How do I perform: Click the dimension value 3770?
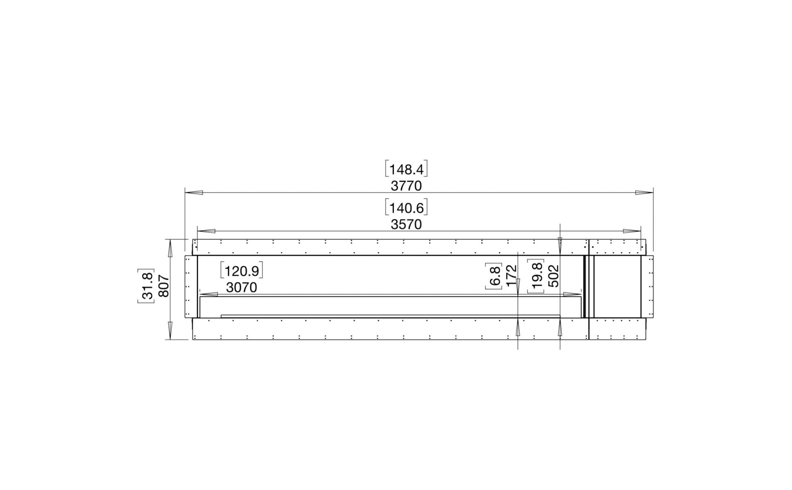pos(406,186)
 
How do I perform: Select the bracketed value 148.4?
pos(406,169)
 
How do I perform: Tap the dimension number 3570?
pos(406,225)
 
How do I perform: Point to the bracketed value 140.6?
pos(406,208)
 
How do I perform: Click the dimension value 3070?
pos(242,287)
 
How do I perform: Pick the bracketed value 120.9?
pos(242,271)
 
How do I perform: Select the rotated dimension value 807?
pos(164,286)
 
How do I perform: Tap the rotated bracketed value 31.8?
pos(146,286)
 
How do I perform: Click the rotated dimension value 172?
pos(511,275)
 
